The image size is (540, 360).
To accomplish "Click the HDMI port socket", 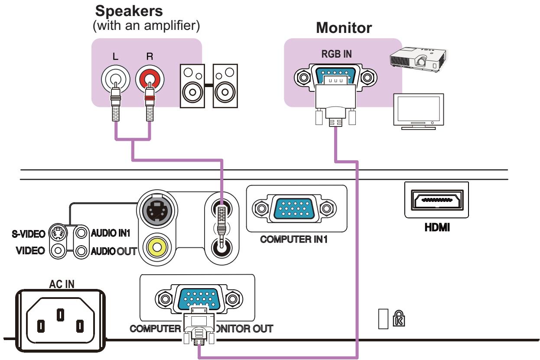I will [x=436, y=200].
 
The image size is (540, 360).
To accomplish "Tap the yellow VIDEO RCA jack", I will [x=156, y=247].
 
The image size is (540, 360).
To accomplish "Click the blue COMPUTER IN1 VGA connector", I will [x=296, y=209].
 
